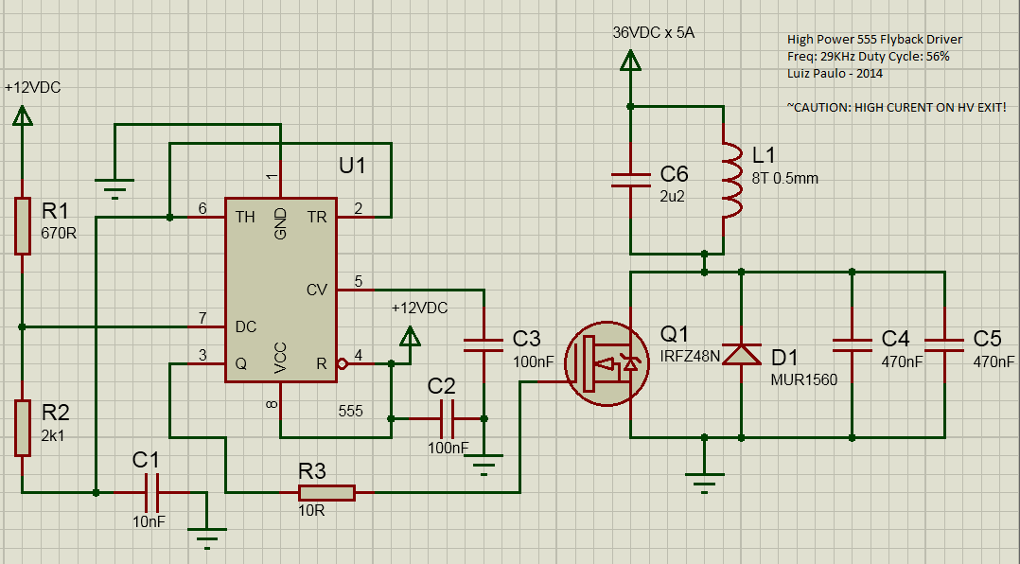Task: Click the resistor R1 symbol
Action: pos(22,226)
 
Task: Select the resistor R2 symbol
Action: pos(22,428)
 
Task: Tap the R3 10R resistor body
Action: pos(326,492)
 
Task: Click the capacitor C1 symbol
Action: pos(150,492)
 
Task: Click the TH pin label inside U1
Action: pos(245,218)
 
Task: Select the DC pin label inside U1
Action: pos(245,327)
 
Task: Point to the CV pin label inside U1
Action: pos(316,290)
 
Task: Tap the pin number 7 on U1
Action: pos(202,317)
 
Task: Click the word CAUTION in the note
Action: pos(821,108)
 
